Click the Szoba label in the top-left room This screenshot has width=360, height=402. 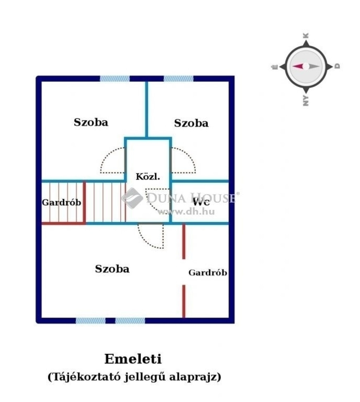pyautogui.click(x=91, y=122)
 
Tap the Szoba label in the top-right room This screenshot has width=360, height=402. pyautogui.click(x=191, y=123)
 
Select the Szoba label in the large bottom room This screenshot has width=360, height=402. pyautogui.click(x=112, y=269)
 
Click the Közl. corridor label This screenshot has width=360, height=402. pyautogui.click(x=148, y=177)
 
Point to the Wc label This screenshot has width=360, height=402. pyautogui.click(x=201, y=202)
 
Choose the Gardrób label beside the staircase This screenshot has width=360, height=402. pyautogui.click(x=62, y=202)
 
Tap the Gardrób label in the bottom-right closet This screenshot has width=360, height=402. pyautogui.click(x=208, y=272)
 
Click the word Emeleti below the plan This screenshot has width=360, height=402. pyautogui.click(x=133, y=359)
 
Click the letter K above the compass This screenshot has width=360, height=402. pyautogui.click(x=306, y=36)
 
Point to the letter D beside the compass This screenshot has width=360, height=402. pyautogui.click(x=337, y=66)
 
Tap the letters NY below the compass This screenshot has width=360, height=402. pyautogui.click(x=306, y=101)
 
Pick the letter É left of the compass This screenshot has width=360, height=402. pyautogui.click(x=275, y=67)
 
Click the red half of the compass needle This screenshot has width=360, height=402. pyautogui.click(x=298, y=66)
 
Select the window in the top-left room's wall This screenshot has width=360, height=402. pyautogui.click(x=115, y=78)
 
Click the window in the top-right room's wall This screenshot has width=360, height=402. pyautogui.click(x=179, y=78)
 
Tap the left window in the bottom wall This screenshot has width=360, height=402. pyautogui.click(x=90, y=320)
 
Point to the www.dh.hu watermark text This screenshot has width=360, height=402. pyautogui.click(x=186, y=212)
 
